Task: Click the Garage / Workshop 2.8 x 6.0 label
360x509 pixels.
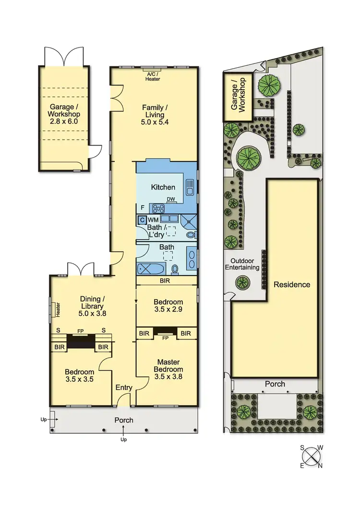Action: (x=64, y=114)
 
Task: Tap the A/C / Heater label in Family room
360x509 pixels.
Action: (x=153, y=76)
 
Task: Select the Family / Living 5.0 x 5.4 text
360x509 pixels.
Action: (x=153, y=115)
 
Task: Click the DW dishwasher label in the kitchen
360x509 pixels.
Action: (x=171, y=199)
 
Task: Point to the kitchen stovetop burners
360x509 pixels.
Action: (x=159, y=208)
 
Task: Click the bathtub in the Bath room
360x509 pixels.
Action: (x=150, y=268)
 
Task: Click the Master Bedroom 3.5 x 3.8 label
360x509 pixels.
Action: (x=168, y=369)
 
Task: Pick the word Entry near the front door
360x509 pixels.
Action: (x=124, y=388)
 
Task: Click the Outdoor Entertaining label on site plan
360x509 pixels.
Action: (x=242, y=264)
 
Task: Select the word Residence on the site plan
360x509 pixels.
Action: (x=292, y=284)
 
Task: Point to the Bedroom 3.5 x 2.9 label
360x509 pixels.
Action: (x=168, y=305)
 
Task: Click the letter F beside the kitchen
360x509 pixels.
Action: (x=143, y=207)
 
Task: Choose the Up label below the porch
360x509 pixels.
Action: (x=123, y=439)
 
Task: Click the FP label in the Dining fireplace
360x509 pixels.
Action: (x=81, y=331)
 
